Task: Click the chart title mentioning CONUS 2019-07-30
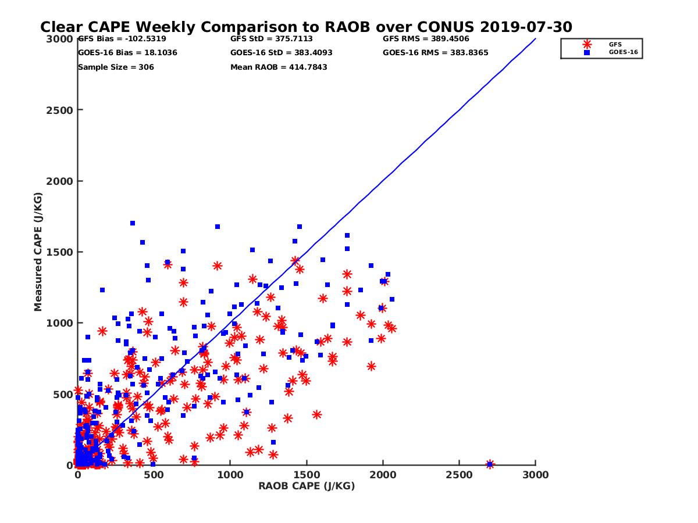[x=306, y=27]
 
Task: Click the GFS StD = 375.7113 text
[x=272, y=40]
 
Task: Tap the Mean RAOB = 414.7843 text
[x=279, y=67]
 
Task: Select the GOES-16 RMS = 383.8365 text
[x=436, y=53]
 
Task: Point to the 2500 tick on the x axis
[x=459, y=475]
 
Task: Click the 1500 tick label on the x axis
[x=307, y=475]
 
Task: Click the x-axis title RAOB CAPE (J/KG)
[x=307, y=486]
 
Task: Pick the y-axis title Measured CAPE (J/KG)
[x=38, y=252]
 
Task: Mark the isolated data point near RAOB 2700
[x=490, y=464]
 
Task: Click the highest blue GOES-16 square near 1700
[x=133, y=223]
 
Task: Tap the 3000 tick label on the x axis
[x=535, y=475]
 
